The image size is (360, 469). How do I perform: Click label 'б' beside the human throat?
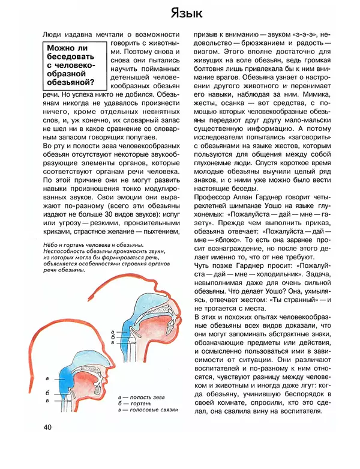click(47, 393)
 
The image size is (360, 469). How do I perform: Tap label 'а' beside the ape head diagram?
click(113, 331)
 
